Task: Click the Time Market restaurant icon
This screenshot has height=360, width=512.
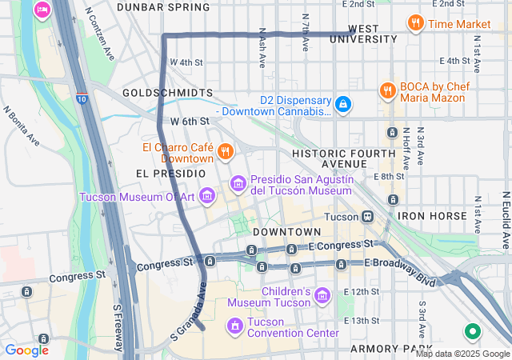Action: [415, 23]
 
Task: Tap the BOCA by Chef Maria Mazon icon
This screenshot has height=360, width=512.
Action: [387, 90]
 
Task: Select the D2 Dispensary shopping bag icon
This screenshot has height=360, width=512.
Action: [342, 104]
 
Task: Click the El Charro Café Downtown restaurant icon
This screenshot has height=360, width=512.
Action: [226, 151]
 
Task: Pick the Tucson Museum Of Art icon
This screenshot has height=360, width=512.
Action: [207, 195]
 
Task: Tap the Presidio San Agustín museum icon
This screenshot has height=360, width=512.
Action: [238, 184]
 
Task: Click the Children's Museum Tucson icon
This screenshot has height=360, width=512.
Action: [322, 296]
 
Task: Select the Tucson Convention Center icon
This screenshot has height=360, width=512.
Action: [235, 326]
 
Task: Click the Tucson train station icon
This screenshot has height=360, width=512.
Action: [368, 216]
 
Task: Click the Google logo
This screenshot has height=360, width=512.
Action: [26, 350]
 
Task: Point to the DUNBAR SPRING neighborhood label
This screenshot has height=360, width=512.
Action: [163, 7]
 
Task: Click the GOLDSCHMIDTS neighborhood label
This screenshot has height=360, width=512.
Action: [168, 93]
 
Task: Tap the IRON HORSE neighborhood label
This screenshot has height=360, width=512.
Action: [432, 216]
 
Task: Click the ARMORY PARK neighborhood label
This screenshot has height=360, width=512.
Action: [384, 350]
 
